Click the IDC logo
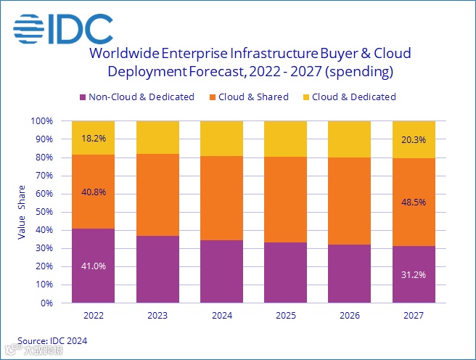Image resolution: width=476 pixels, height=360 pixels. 64,29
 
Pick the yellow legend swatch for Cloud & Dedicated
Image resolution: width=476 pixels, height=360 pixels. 305,97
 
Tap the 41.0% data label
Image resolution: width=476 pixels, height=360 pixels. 93,266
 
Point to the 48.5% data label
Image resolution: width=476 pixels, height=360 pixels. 414,205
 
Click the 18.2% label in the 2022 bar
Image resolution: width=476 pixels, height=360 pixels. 93,137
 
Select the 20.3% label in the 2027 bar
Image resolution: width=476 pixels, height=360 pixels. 414,139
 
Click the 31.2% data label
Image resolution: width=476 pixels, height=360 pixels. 414,274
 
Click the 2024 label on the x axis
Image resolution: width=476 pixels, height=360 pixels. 221,316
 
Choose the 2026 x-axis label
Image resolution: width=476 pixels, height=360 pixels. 350,316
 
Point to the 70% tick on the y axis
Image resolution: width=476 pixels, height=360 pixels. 44,176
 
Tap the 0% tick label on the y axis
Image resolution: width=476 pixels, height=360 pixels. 47,303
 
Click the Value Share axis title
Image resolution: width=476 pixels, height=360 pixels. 22,211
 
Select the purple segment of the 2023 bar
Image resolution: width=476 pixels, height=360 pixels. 157,269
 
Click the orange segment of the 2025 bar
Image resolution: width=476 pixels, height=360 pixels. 286,200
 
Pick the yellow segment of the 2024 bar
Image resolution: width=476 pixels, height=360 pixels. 221,138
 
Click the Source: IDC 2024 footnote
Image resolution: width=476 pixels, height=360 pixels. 52,340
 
